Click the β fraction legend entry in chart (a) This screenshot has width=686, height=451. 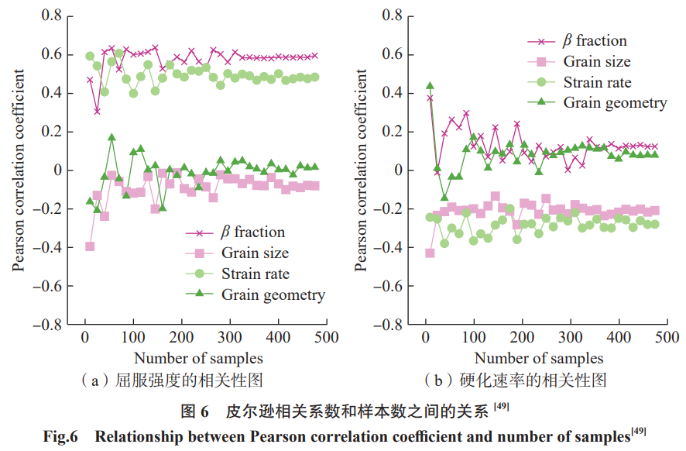click(x=252, y=232)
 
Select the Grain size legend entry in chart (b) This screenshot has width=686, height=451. click(x=596, y=62)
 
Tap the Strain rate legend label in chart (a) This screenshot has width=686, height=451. click(x=255, y=274)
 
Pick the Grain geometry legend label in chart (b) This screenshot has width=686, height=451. click(x=614, y=102)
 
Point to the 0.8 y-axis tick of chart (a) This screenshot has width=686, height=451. click(x=51, y=15)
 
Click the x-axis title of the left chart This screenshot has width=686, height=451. click(x=198, y=358)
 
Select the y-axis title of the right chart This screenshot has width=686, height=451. click(x=361, y=171)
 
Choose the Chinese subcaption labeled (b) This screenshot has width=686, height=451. click(x=516, y=380)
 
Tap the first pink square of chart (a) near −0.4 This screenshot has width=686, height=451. click(x=90, y=246)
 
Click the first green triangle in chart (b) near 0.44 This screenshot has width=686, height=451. click(x=430, y=86)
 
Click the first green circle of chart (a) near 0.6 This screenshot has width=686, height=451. click(x=90, y=57)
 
